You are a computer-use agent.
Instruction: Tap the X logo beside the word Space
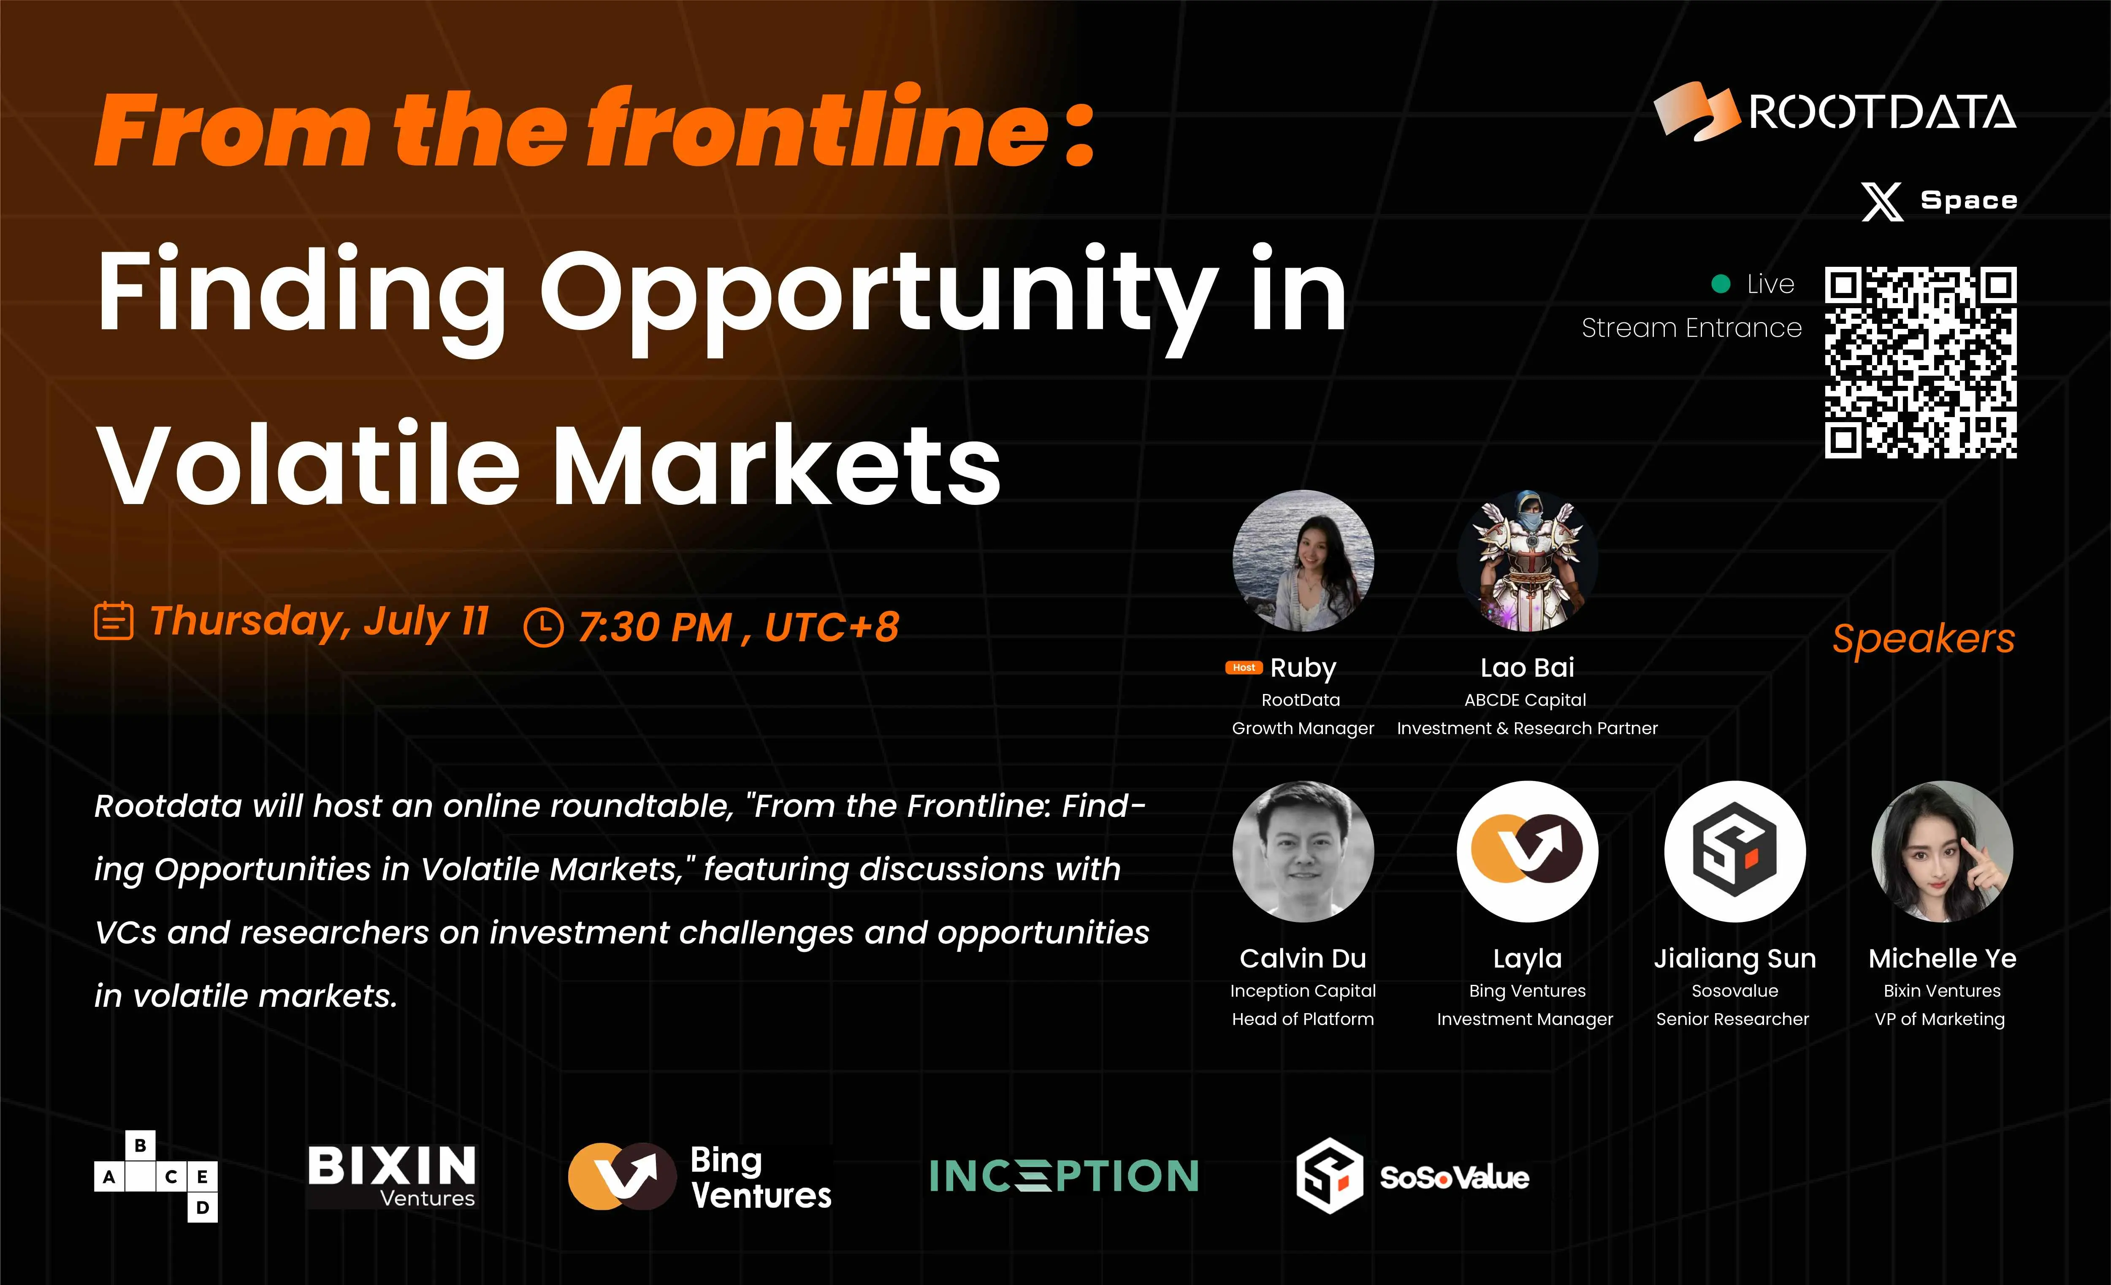[x=1882, y=201]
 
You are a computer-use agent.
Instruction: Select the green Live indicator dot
[x=1720, y=284]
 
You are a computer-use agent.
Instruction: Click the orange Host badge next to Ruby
[x=1244, y=667]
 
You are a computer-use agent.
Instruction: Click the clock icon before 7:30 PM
[x=543, y=627]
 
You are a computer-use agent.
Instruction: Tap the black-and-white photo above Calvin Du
[x=1303, y=851]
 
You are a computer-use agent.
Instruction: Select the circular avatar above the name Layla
[x=1528, y=851]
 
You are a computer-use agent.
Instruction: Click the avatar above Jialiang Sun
[x=1735, y=851]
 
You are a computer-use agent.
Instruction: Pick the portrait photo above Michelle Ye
[x=1942, y=851]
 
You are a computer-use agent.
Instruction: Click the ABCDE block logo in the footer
[x=156, y=1176]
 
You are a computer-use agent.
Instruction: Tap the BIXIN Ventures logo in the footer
[x=392, y=1176]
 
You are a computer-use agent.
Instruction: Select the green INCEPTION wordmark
[x=1064, y=1176]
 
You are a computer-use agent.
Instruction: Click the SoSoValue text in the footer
[x=1454, y=1178]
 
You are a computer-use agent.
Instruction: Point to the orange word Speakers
[x=1924, y=639]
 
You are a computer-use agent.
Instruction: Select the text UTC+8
[x=832, y=627]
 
